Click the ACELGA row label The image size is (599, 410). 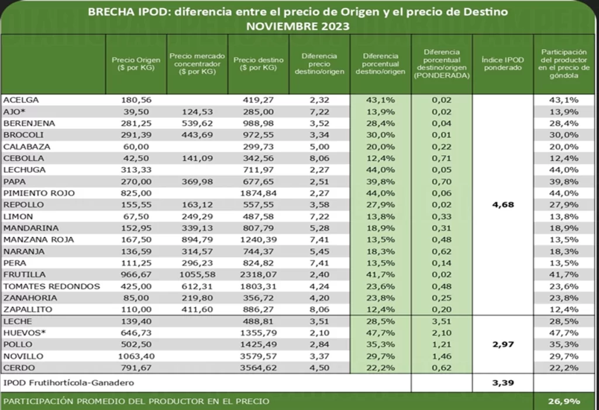click(21, 100)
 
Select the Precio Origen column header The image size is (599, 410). click(136, 64)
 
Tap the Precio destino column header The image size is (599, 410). click(258, 64)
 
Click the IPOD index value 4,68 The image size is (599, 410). click(502, 205)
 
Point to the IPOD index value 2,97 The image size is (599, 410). click(502, 344)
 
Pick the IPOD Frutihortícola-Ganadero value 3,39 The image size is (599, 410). click(502, 384)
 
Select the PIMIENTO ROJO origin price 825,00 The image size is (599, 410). click(136, 193)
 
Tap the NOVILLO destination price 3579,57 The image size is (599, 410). click(258, 356)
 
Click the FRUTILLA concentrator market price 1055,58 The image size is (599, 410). click(197, 275)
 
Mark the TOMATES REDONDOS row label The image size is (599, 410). click(51, 286)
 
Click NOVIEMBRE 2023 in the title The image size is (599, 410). click(298, 26)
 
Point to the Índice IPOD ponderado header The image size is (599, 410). click(502, 64)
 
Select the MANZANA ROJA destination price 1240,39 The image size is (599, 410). click(258, 240)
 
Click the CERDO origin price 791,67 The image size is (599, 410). click(136, 368)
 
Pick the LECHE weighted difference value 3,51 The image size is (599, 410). click(441, 322)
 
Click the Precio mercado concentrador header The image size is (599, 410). click(197, 64)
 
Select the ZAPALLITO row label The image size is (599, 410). click(27, 309)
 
